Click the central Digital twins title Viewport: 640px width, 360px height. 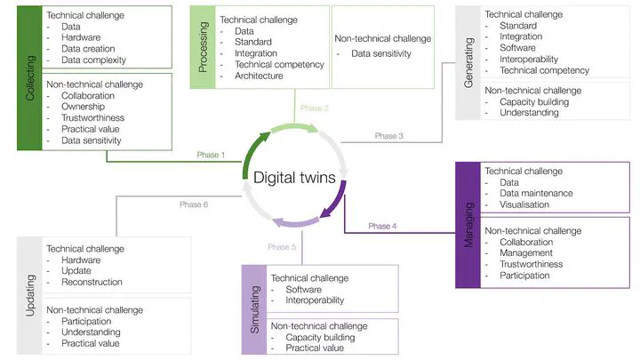295,177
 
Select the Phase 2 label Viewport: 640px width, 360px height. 315,108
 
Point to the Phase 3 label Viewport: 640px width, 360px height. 388,136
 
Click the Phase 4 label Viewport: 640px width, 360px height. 381,226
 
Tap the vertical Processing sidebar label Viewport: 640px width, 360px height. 202,47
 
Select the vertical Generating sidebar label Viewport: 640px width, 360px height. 468,63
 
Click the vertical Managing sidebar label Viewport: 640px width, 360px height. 468,225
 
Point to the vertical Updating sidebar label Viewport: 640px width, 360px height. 30,294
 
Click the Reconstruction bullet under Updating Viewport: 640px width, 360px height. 98,282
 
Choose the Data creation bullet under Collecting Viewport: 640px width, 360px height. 93,49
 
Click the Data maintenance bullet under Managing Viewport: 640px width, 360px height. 536,193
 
